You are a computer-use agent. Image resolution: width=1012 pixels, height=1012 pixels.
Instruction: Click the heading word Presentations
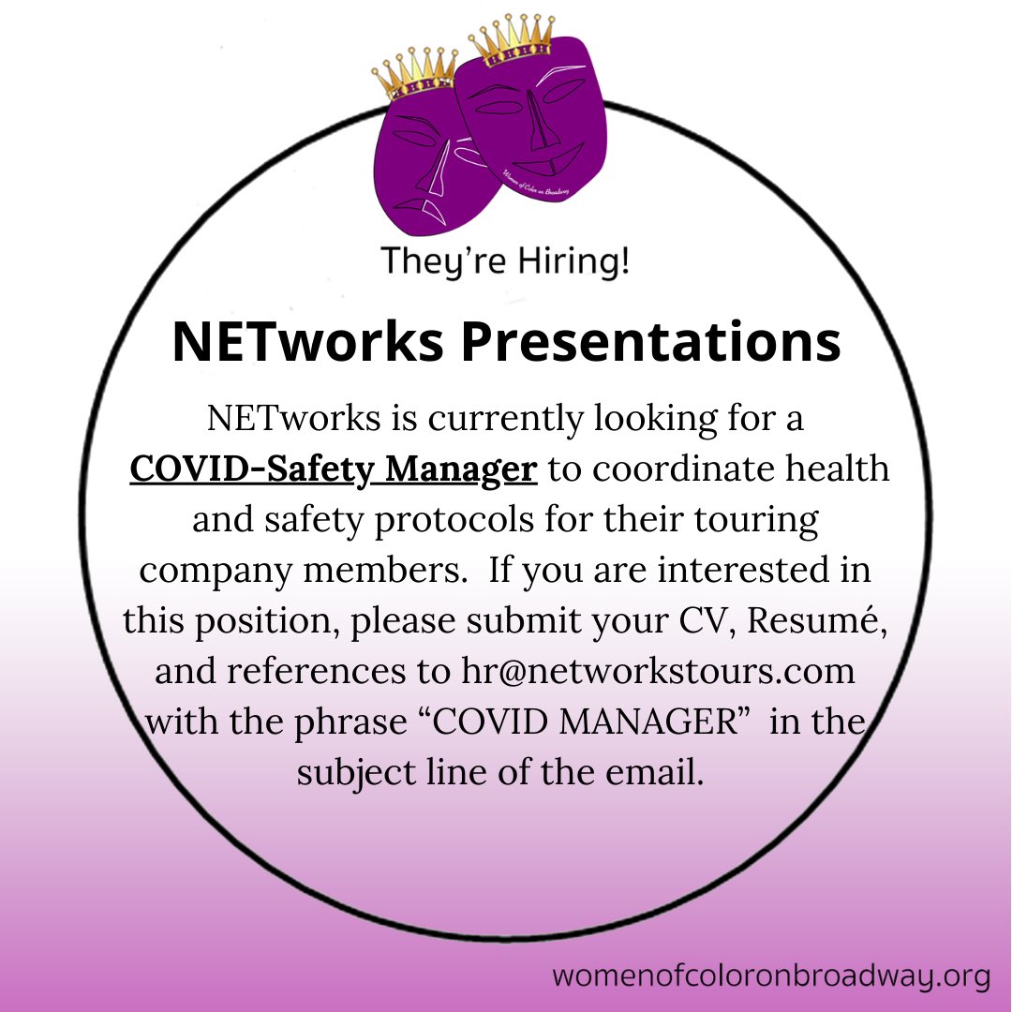pyautogui.click(x=650, y=343)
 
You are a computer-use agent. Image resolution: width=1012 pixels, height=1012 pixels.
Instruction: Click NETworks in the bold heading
pyautogui.click(x=307, y=343)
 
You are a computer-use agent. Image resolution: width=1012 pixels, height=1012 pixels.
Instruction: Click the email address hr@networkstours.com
pyautogui.click(x=658, y=672)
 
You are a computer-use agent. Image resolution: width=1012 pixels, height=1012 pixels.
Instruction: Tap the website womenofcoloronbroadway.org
pyautogui.click(x=770, y=976)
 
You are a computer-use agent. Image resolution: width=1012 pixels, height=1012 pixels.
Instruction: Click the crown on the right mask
pyautogui.click(x=513, y=42)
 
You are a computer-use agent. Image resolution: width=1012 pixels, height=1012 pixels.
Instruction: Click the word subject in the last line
pyautogui.click(x=354, y=774)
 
